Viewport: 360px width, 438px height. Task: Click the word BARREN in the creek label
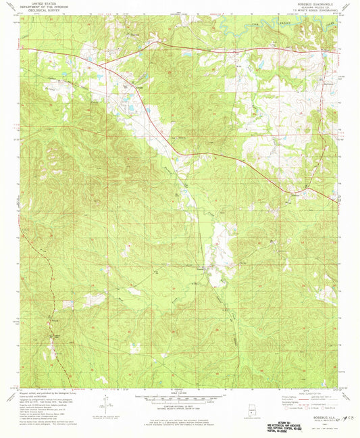click(x=280, y=23)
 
